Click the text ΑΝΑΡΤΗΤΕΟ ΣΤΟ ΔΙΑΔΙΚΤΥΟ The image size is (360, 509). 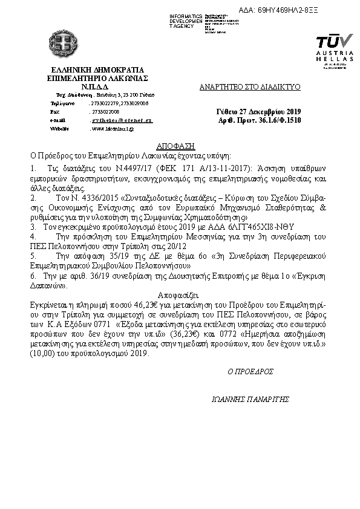click(x=250, y=87)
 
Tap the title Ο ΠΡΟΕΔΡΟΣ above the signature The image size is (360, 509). click(x=250, y=371)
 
